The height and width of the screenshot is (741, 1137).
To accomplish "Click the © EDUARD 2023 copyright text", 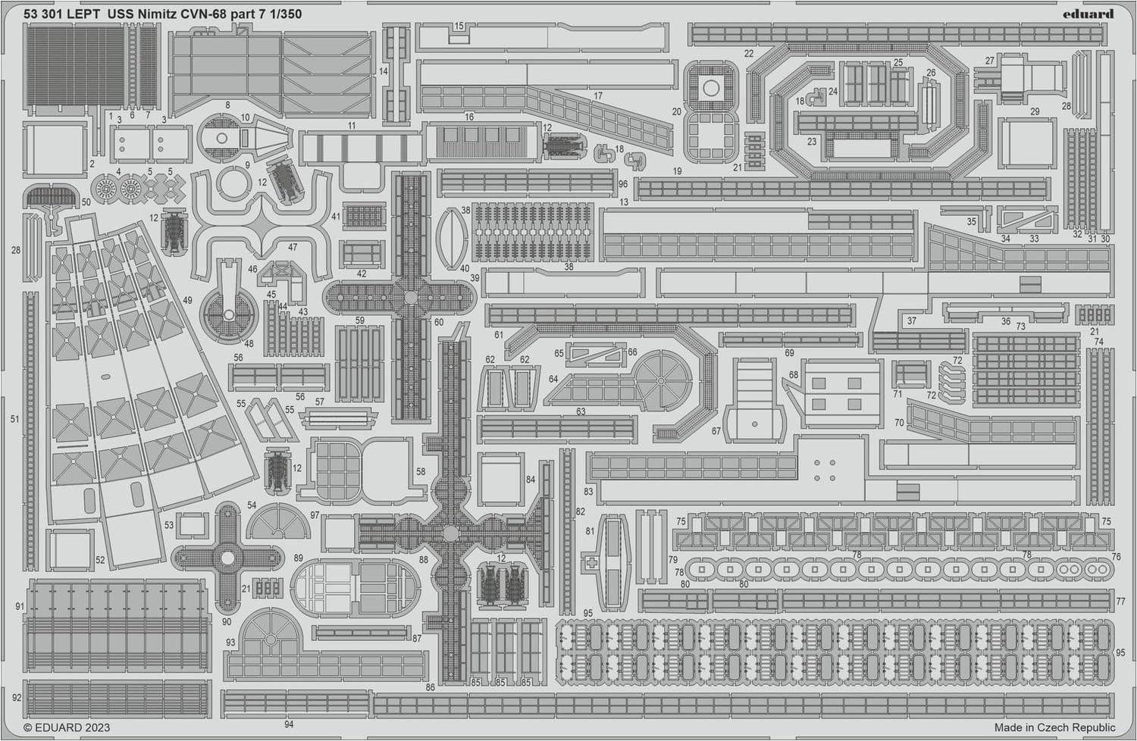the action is coord(67,727).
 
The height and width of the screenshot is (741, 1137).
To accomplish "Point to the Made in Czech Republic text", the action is coord(1055,727).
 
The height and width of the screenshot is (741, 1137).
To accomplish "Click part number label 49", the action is coord(187,301).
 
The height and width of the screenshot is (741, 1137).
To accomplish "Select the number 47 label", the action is coord(293,247).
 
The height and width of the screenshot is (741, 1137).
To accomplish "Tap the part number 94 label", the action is coord(289,724).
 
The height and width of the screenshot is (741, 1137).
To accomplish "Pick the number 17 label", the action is coord(598,95).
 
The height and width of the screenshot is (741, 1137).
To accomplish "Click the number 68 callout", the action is coord(794,374).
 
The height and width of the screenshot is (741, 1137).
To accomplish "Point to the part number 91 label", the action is coord(20,606).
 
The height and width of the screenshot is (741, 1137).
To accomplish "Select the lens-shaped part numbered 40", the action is coord(452,239).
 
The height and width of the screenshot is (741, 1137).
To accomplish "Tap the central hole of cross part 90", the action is coord(228,558).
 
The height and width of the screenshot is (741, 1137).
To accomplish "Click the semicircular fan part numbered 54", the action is coord(278,522).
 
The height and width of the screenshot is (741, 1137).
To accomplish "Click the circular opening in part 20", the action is coord(711,89).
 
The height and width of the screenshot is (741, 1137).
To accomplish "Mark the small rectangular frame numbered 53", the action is coord(192,524).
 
